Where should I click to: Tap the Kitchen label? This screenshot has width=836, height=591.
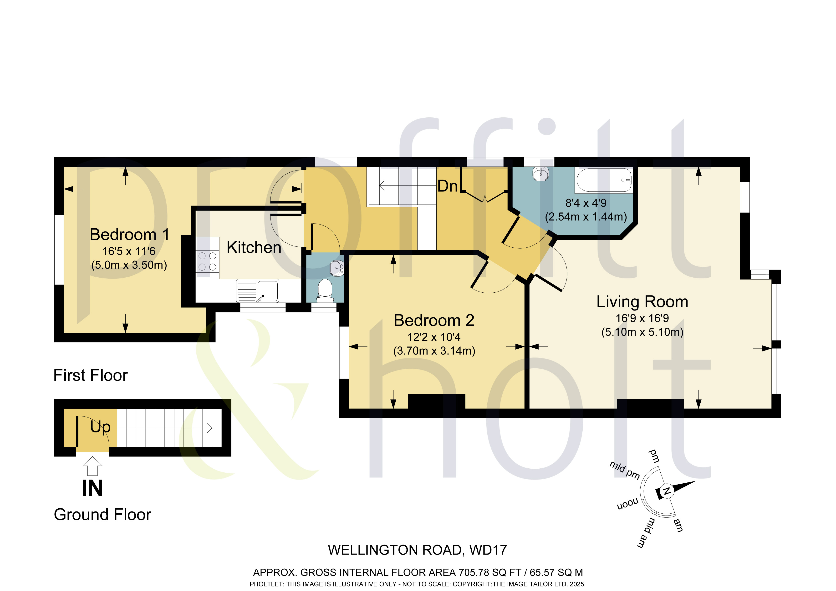point(254,247)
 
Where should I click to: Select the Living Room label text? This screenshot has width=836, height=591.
point(642,302)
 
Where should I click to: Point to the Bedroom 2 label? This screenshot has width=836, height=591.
point(434,321)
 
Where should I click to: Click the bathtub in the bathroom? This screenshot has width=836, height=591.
point(604,180)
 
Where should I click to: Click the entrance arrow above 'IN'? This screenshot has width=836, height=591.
point(92,466)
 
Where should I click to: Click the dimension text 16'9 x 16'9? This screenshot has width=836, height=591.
point(642,318)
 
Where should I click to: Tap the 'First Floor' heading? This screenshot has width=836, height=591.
point(91,375)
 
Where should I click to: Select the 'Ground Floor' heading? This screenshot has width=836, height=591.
point(103,515)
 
